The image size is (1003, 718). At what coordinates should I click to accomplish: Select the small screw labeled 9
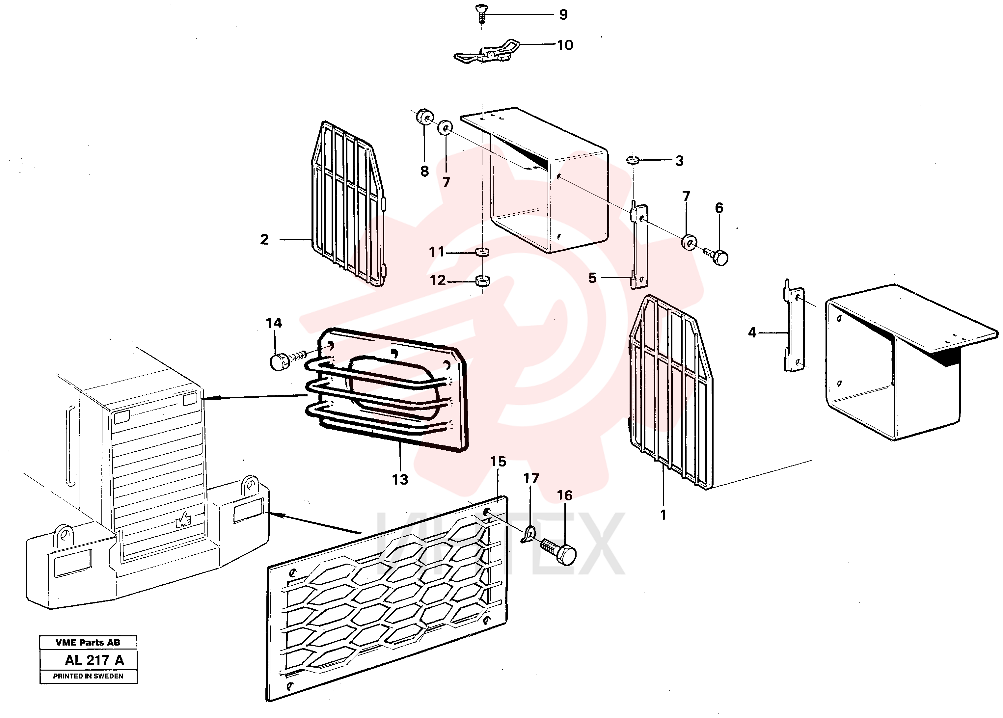pos(481,13)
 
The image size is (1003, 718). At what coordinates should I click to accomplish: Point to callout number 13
pos(400,479)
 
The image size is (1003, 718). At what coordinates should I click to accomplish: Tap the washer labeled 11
pos(482,252)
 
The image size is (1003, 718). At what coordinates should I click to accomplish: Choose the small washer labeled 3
pos(633,159)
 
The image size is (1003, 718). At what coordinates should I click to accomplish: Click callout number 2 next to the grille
pos(264,240)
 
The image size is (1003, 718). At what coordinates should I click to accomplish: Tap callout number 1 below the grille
pos(663,515)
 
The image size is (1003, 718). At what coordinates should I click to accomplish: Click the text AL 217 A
pos(94,660)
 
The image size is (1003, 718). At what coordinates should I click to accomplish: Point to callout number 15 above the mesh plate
pos(498,462)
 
